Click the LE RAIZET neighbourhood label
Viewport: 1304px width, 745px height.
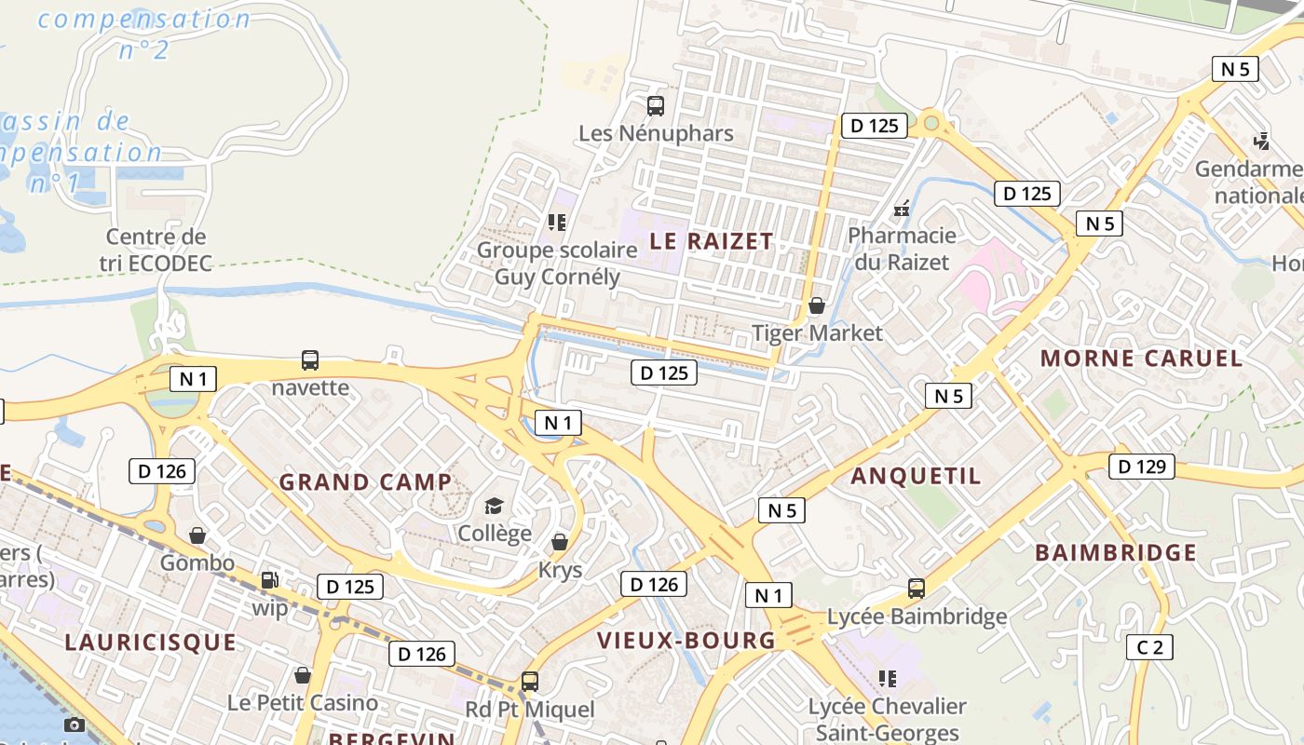[711, 241]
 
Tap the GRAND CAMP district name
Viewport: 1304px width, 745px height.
[365, 482]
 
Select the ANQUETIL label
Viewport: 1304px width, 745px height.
[916, 476]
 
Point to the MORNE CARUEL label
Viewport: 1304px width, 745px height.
[1141, 359]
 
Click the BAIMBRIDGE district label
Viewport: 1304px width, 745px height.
[1116, 553]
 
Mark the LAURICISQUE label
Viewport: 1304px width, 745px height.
[150, 643]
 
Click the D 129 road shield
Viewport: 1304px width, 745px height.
[1141, 467]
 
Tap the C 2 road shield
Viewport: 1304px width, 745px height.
[1148, 647]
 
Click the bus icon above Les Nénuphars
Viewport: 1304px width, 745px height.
[656, 106]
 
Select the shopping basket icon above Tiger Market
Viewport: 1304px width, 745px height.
[817, 305]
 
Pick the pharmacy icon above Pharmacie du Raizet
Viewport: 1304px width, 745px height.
[902, 209]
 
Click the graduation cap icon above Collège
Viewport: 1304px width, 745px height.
[494, 506]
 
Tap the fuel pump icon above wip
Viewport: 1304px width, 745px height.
[269, 580]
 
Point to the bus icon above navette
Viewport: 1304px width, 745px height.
[310, 360]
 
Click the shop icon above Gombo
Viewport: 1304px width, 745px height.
[197, 535]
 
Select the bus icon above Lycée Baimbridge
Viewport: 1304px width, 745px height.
[917, 589]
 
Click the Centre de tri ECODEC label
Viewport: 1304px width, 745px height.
[156, 250]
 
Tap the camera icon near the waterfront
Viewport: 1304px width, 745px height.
[75, 725]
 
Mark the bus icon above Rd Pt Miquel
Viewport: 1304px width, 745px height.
[530, 682]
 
